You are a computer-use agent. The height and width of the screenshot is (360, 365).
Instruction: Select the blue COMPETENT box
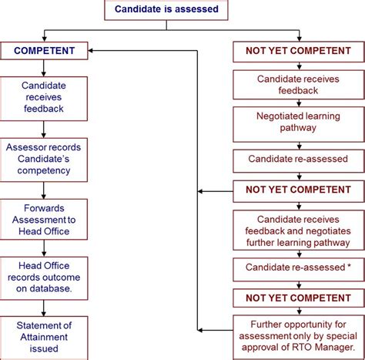click(44, 52)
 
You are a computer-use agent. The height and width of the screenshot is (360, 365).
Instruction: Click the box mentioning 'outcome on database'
click(44, 277)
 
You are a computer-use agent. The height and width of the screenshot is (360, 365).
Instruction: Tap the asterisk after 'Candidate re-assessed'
click(348, 267)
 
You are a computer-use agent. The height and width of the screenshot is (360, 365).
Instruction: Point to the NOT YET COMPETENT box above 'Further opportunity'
click(296, 298)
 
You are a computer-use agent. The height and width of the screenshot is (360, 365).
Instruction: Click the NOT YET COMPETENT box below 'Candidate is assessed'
click(296, 52)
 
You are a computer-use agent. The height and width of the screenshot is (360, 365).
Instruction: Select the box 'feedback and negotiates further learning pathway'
click(296, 229)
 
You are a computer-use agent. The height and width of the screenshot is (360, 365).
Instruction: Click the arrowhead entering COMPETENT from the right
click(92, 52)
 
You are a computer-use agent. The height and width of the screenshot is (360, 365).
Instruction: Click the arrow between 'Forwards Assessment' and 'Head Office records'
click(44, 247)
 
